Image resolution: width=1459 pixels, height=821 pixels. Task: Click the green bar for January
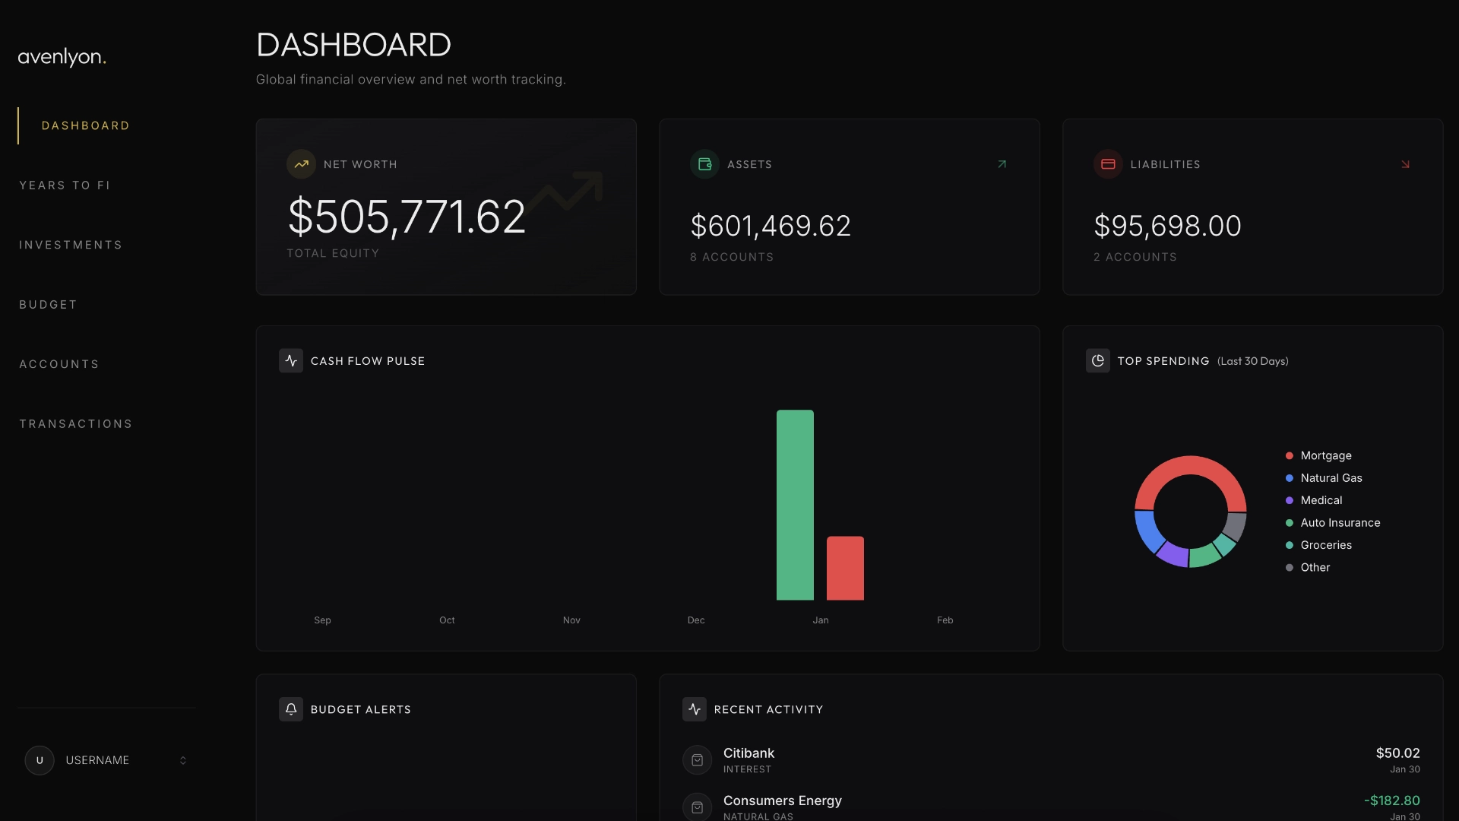pos(795,505)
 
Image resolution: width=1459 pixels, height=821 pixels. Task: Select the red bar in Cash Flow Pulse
pos(845,568)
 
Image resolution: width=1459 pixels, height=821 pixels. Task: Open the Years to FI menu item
pos(65,185)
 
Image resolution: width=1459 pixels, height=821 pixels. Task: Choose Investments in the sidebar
pos(71,245)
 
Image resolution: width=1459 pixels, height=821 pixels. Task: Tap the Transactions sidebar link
pos(76,424)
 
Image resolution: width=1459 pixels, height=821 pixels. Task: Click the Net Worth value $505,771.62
pos(407,217)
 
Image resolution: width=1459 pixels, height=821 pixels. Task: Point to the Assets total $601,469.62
pos(771,226)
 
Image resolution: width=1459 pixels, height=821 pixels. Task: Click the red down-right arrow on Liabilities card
pos(1405,164)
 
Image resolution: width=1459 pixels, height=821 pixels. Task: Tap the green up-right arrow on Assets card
pos(1002,164)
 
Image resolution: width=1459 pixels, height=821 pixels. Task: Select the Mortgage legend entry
pos(1325,455)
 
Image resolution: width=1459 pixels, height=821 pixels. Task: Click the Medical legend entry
pos(1321,500)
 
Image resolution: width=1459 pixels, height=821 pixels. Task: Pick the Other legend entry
pos(1315,567)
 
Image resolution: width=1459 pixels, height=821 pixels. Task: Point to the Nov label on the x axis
pos(571,620)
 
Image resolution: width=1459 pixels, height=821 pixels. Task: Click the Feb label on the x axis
pos(945,620)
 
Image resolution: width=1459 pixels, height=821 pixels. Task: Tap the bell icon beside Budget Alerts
pos(291,709)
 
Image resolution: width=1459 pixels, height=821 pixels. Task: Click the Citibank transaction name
pos(748,753)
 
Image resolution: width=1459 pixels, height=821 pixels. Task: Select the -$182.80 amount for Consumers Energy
pos(1391,800)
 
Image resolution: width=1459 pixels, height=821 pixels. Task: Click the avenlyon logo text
pos(62,57)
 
